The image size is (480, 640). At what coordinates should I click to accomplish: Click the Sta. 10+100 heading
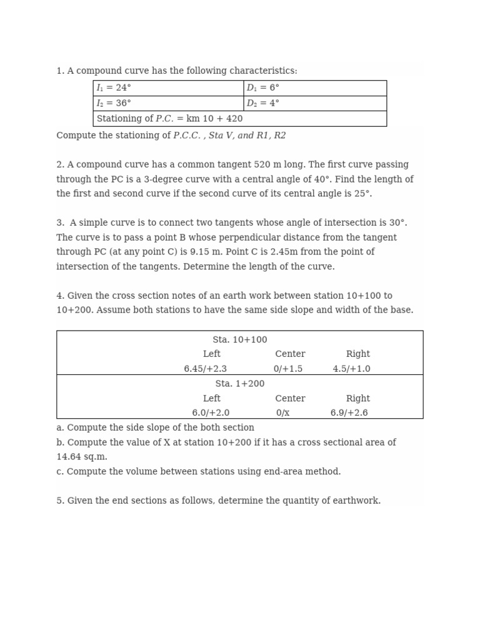[239, 340]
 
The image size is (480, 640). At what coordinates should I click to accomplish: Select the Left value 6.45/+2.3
[205, 369]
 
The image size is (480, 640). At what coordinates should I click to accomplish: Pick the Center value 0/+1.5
[287, 369]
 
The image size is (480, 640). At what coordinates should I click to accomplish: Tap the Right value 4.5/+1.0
[351, 369]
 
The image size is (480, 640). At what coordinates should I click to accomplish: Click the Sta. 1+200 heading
[239, 384]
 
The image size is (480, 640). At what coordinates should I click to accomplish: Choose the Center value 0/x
[282, 413]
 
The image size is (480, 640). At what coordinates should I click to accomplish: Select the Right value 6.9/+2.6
[349, 413]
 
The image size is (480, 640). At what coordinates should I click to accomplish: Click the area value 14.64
[69, 457]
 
